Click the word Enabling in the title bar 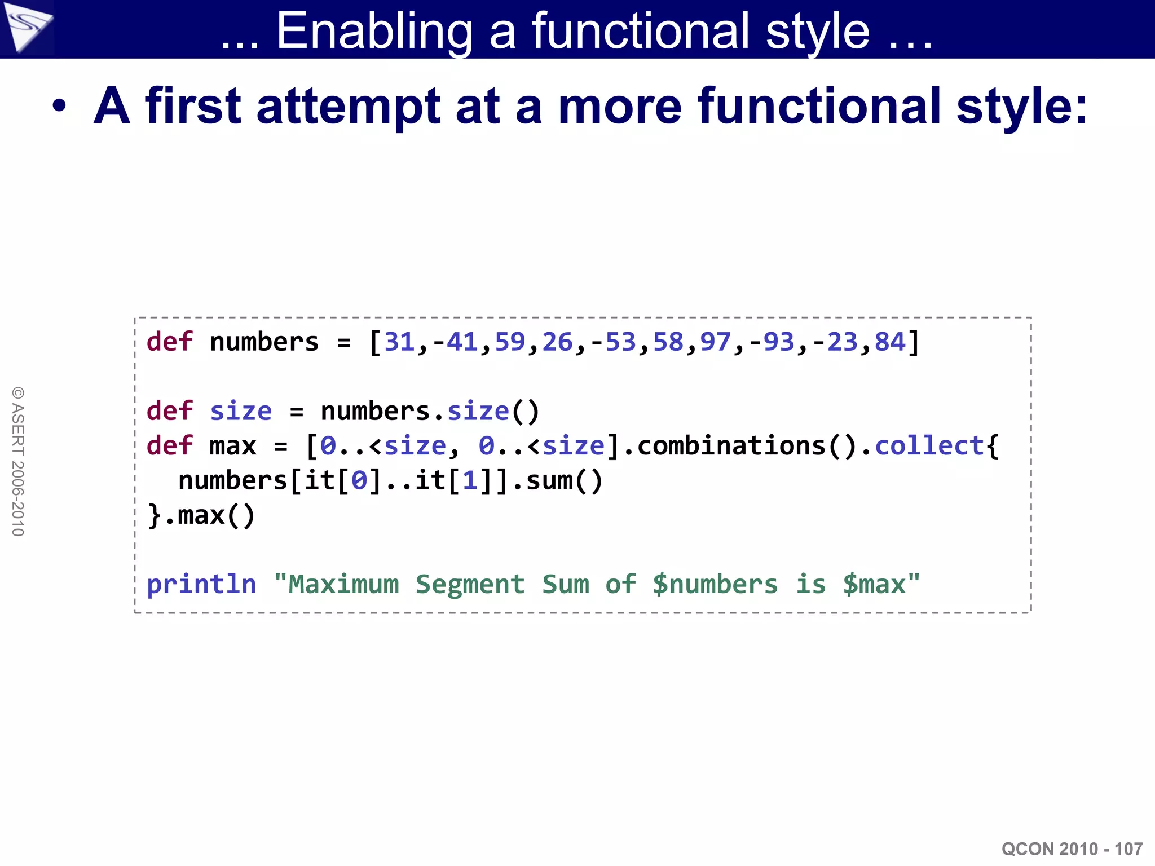[374, 32]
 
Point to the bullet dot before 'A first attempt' [59, 106]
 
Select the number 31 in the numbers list [399, 342]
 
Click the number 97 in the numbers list [715, 342]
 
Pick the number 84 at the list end [889, 342]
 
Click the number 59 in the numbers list [509, 342]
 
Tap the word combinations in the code [731, 447]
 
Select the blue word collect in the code [929, 447]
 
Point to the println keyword [201, 585]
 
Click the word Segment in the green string [470, 585]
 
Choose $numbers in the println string [715, 585]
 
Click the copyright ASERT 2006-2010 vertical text [18, 461]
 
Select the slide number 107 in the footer [1128, 849]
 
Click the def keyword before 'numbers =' [169, 342]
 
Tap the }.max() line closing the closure [201, 516]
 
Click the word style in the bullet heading [1021, 107]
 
